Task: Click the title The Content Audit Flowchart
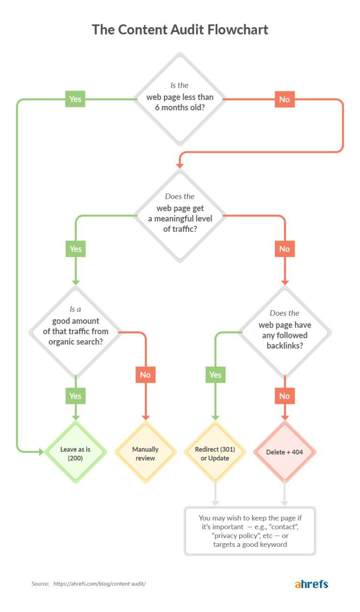[180, 30]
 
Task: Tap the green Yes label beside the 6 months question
[75, 99]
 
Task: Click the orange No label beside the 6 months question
[285, 99]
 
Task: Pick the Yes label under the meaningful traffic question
[75, 249]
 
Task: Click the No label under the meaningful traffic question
[285, 249]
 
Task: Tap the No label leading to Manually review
[145, 375]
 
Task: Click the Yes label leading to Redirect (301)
[215, 375]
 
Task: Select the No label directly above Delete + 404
[285, 396]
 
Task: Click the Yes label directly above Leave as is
[75, 396]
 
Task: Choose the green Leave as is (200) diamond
[75, 453]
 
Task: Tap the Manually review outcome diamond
[145, 453]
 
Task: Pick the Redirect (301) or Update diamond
[215, 453]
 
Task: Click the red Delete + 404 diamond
[285, 453]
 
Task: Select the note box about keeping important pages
[250, 531]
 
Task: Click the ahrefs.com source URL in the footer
[103, 584]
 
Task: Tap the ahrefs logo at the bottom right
[311, 584]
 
